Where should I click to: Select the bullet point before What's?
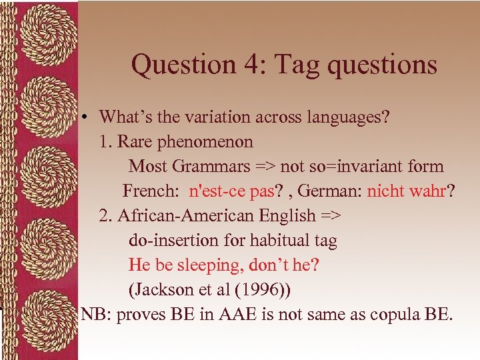click(87, 117)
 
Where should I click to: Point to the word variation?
click(217, 117)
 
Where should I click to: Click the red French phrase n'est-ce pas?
click(231, 191)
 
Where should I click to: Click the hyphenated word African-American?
click(187, 215)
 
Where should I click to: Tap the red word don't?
click(269, 265)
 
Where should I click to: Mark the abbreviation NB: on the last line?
click(96, 315)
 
